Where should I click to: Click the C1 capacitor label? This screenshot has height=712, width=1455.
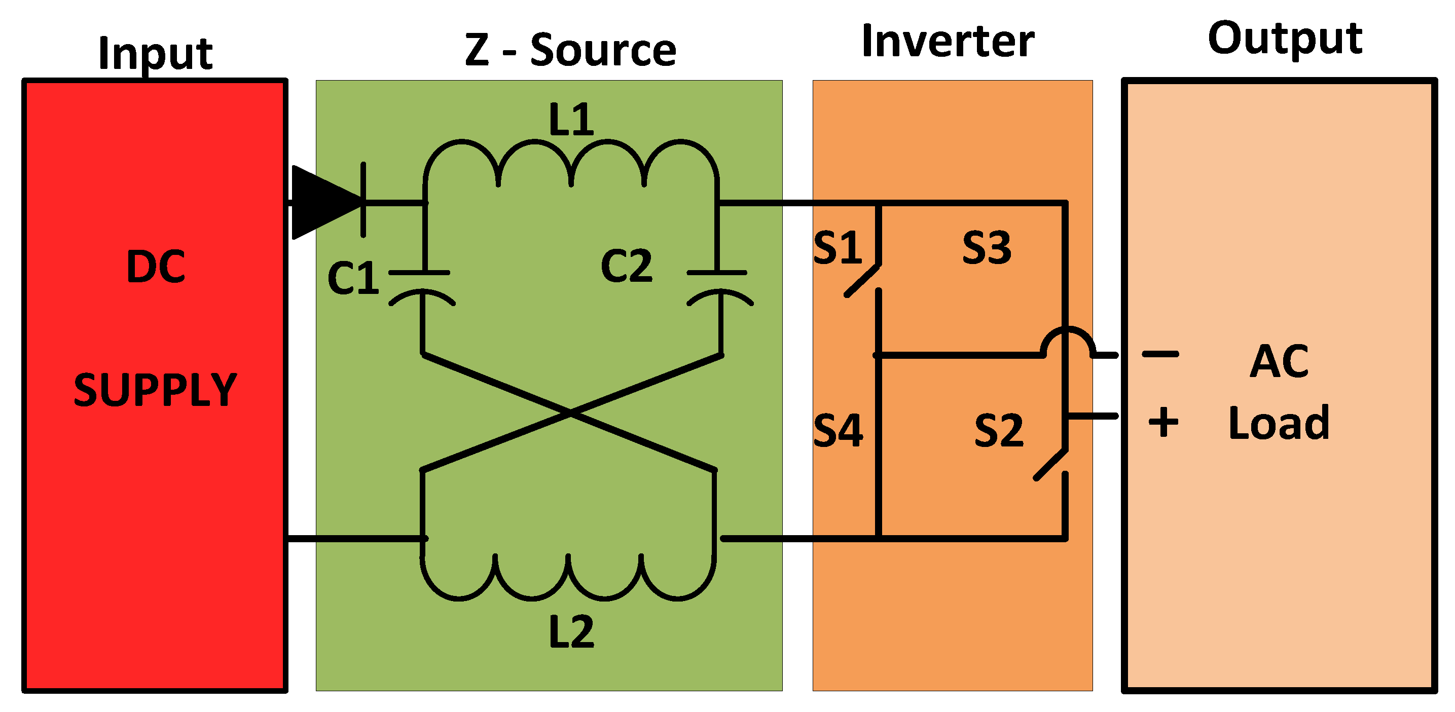353,278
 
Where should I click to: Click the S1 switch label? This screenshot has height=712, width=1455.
838,247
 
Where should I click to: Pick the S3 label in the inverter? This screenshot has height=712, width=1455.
986,247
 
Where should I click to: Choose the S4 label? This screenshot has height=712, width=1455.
838,430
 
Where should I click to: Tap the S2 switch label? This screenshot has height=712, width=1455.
999,430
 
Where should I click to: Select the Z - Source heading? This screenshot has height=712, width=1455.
570,50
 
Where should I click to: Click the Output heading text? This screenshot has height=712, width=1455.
1285,38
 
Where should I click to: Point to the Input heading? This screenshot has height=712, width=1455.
155,54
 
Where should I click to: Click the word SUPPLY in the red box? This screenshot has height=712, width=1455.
155,390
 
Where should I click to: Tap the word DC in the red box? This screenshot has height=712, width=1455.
155,267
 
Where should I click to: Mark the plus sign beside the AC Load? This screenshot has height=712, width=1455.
1163,422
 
